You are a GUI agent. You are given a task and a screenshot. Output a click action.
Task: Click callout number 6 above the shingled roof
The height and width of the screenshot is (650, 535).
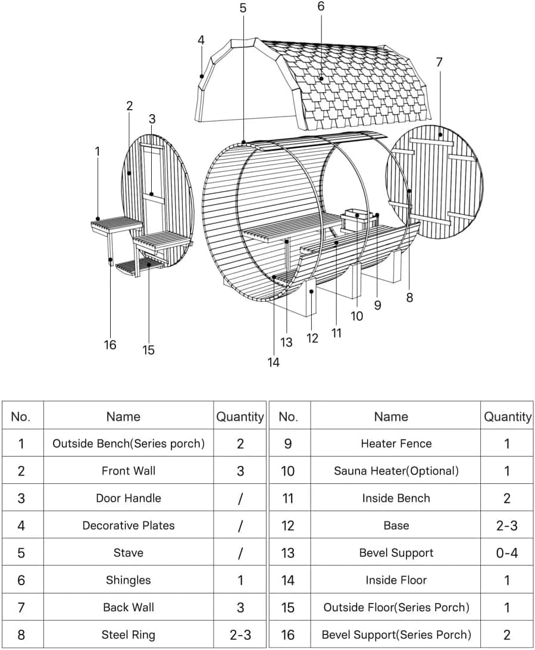pos(321,7)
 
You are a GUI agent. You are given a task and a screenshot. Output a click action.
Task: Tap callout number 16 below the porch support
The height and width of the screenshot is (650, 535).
pos(110,345)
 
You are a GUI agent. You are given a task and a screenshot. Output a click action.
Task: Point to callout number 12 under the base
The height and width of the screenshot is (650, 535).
pos(312,338)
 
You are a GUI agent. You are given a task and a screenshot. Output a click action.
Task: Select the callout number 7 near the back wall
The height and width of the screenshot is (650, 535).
pos(439,62)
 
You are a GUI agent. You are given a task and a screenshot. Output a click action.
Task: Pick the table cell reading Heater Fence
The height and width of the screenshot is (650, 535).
pos(396,443)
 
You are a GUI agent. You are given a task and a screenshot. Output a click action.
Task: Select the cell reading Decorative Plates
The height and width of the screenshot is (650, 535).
pos(128,526)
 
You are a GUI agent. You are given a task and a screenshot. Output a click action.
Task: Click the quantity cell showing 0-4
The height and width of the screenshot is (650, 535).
pos(506,553)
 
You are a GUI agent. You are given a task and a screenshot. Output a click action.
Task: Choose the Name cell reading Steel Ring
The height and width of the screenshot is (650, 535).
pos(128,635)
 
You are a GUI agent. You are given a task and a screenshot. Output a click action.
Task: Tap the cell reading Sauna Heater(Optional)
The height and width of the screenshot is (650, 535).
pos(396,471)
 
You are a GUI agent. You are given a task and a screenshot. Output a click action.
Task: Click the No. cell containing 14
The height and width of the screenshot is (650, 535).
pos(288,580)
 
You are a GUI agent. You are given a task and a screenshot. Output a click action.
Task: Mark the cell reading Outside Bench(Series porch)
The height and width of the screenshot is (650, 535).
pos(128,443)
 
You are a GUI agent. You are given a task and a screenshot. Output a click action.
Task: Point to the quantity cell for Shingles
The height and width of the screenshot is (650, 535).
pos(240,580)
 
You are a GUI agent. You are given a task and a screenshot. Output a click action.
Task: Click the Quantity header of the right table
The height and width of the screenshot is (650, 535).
pos(507,417)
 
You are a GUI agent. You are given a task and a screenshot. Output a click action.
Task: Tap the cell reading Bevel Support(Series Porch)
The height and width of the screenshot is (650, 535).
pos(396,635)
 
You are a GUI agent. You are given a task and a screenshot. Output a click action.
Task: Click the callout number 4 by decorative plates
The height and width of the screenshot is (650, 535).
pos(201,40)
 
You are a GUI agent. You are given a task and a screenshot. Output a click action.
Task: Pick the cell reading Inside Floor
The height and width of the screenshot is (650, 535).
pos(396,580)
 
